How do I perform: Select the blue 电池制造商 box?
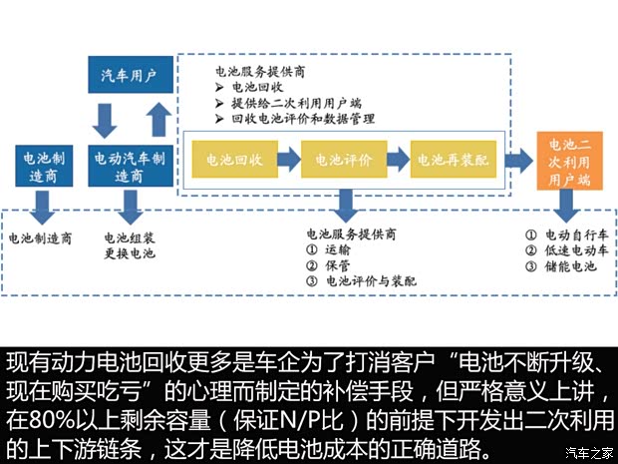[42, 166]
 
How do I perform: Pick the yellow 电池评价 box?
[343, 159]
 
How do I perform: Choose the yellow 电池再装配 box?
[452, 159]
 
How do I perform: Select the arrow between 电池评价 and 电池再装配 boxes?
[398, 159]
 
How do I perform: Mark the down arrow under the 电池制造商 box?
[42, 208]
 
